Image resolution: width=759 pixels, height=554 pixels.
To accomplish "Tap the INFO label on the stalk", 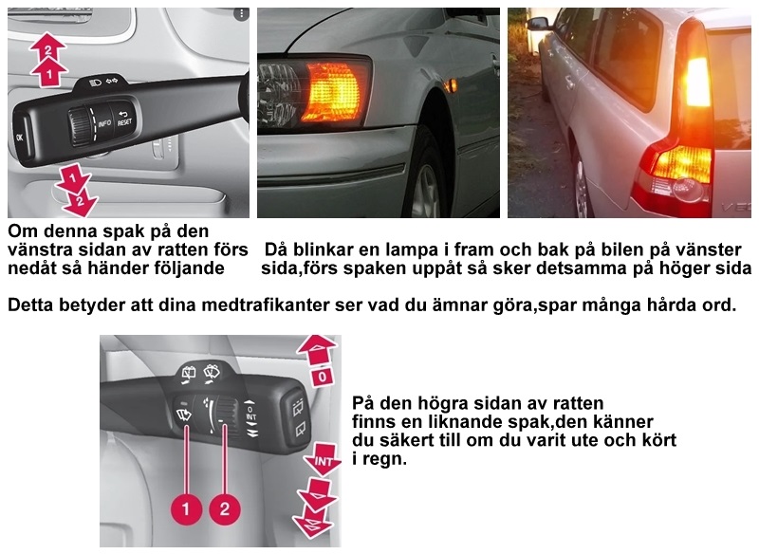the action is coord(104,123).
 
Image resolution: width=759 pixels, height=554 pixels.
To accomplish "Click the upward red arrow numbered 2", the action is coord(47,46).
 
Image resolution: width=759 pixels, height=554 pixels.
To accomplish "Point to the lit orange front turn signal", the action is coord(333,92).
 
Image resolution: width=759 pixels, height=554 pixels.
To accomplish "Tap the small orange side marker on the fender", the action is coord(452,85).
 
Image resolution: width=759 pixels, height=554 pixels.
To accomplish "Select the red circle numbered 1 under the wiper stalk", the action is coord(186,508).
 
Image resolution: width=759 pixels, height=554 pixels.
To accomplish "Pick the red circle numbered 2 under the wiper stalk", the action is coord(225,508).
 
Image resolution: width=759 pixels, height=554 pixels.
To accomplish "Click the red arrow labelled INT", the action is coord(323,460).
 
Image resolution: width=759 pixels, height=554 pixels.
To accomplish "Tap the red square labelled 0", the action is coord(323,376).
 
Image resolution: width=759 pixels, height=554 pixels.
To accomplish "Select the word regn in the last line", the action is coord(386,459).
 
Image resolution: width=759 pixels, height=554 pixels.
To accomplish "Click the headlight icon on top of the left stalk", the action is coord(97,82).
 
